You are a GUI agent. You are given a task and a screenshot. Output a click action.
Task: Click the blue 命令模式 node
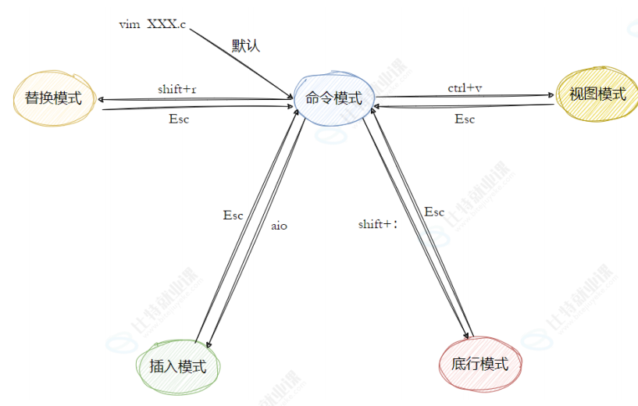333,98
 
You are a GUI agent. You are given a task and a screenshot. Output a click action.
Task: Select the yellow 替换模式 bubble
53,98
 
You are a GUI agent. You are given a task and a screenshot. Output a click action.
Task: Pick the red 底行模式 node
479,363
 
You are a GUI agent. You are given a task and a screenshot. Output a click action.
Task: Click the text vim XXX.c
152,24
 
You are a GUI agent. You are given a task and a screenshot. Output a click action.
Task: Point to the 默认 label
245,45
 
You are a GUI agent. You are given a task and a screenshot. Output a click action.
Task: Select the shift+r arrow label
177,89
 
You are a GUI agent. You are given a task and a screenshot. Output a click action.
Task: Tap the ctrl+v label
465,87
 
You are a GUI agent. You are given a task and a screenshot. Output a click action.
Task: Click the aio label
279,226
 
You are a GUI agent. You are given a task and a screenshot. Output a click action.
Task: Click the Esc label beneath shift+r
179,119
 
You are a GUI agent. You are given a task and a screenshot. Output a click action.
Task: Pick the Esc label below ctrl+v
465,119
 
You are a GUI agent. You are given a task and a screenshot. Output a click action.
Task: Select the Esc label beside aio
233,215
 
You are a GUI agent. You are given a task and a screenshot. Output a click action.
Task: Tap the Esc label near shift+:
434,212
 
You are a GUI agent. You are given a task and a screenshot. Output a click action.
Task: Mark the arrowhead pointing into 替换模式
99,100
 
